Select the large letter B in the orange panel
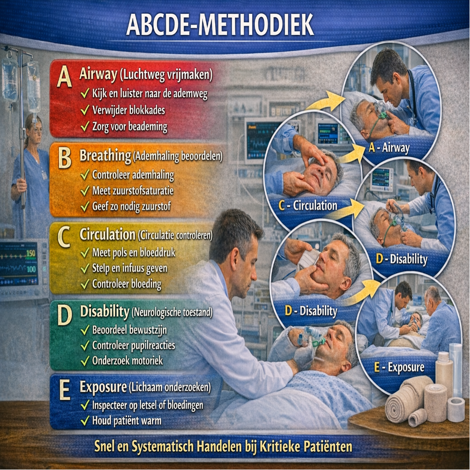[x=64, y=158]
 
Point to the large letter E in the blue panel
[x=65, y=390]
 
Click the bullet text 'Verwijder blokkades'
[x=129, y=110]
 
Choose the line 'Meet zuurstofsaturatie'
[x=133, y=190]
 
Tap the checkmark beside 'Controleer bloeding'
[x=85, y=284]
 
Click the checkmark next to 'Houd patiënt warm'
[x=85, y=420]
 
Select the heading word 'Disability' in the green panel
[x=104, y=312]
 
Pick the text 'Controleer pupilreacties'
[x=134, y=345]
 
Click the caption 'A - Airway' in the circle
[x=389, y=148]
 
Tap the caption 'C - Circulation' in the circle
[x=308, y=206]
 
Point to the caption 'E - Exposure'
[x=399, y=367]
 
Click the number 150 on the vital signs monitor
[x=31, y=253]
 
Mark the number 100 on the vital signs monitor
[x=31, y=269]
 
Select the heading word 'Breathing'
[x=105, y=156]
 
